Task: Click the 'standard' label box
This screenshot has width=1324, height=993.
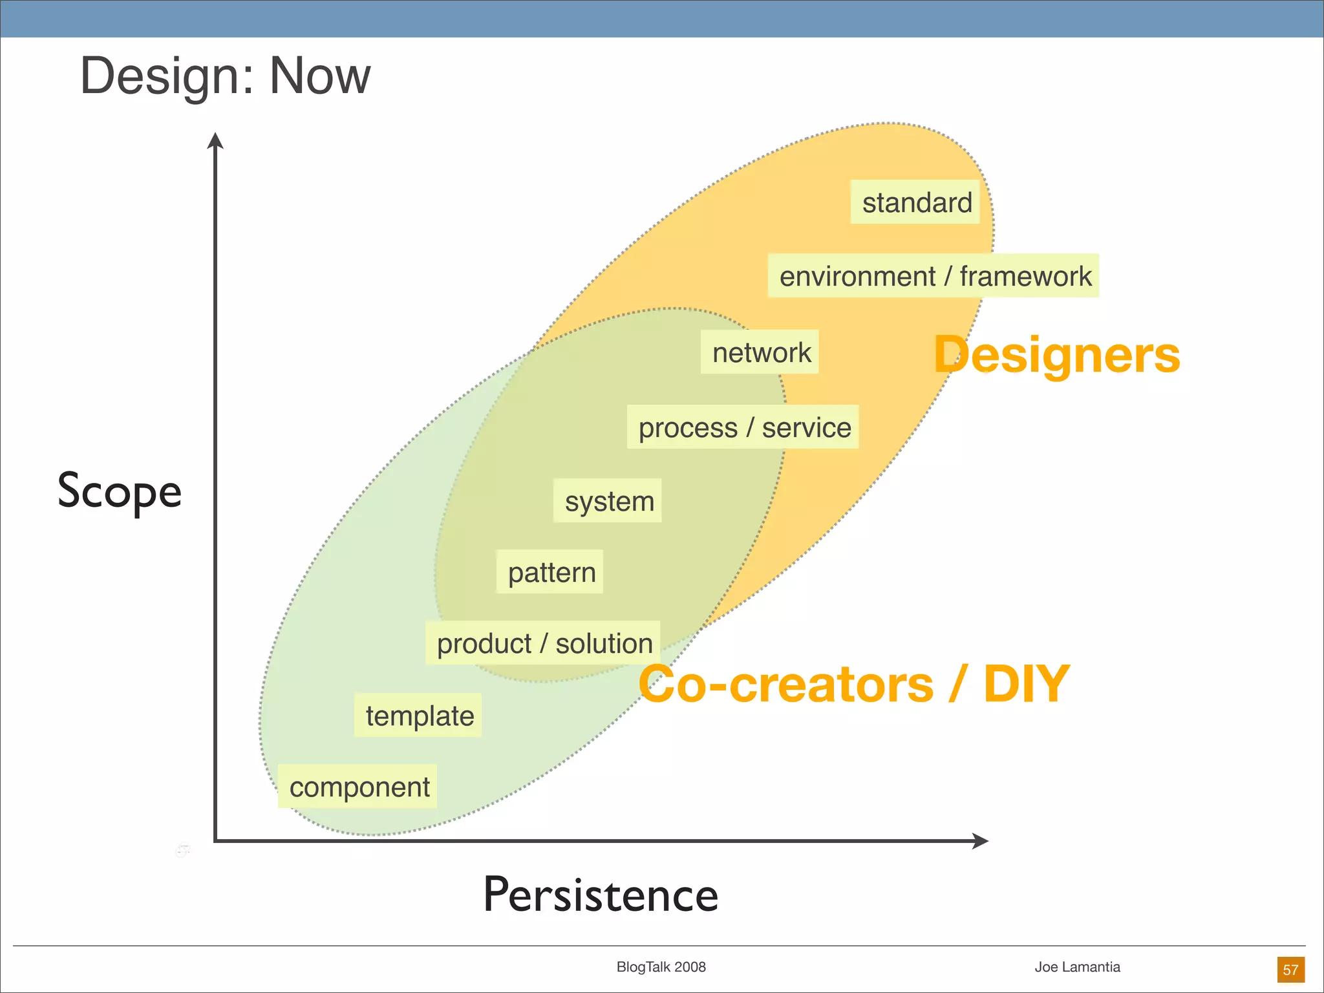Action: click(915, 202)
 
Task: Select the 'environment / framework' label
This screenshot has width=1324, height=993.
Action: click(933, 276)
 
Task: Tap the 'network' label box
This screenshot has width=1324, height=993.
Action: click(760, 352)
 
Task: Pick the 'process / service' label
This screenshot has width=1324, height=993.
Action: click(743, 427)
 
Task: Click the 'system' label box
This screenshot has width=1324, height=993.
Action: click(608, 501)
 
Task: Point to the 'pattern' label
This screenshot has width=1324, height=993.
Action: click(550, 572)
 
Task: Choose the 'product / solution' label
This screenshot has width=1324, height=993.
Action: click(543, 643)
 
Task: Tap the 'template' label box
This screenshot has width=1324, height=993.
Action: click(418, 716)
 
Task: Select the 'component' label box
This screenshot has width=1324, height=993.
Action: click(358, 787)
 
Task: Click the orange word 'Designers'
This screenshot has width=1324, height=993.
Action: click(1056, 355)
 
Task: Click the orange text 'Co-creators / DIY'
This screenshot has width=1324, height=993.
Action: click(853, 684)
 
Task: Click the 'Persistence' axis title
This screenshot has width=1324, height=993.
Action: click(601, 895)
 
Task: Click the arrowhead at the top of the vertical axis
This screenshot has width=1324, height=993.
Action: click(215, 140)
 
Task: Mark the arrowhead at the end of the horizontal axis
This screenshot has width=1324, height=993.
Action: click(981, 841)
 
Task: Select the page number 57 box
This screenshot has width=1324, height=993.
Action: click(1290, 970)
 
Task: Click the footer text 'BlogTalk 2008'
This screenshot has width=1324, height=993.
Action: click(661, 967)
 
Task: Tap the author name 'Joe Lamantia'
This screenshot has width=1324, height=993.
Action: click(1077, 967)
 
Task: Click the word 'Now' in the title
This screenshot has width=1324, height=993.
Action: click(319, 76)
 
